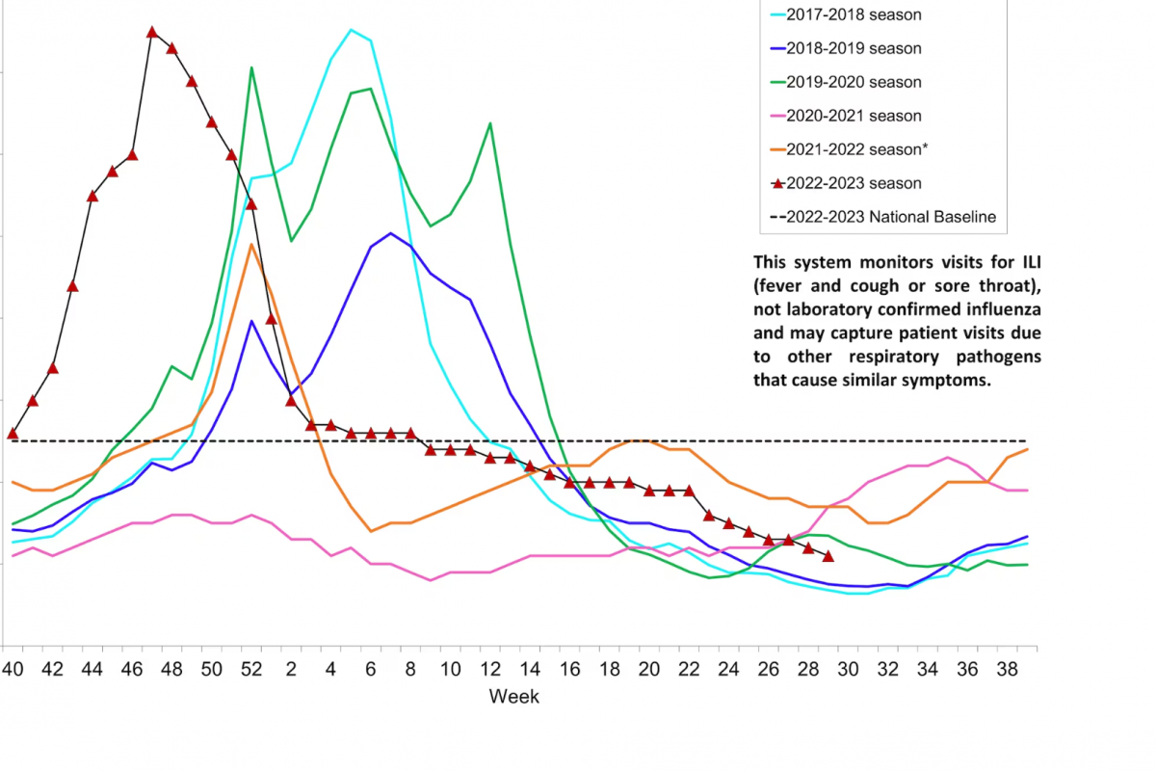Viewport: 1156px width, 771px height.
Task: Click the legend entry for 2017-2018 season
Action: tap(854, 14)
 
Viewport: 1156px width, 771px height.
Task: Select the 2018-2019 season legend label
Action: tap(854, 48)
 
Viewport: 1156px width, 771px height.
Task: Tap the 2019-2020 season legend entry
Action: tap(854, 82)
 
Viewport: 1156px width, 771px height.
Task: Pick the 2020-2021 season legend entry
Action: tap(854, 116)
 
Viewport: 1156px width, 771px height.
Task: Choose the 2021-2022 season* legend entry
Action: tap(856, 149)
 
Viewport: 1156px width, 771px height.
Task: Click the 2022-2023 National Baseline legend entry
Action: tap(890, 217)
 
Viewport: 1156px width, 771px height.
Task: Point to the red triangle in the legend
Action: tap(777, 183)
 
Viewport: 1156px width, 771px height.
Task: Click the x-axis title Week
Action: tap(513, 696)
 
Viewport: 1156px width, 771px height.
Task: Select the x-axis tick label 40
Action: tap(13, 667)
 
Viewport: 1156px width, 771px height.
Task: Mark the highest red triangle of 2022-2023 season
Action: tap(152, 32)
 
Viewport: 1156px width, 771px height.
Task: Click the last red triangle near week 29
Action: tap(828, 556)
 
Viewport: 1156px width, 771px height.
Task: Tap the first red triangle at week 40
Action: tap(13, 434)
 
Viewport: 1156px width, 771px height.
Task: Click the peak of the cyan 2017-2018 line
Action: tap(352, 30)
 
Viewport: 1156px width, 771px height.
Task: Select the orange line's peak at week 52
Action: tap(251, 244)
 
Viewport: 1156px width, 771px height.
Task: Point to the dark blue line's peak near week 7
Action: tap(391, 233)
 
